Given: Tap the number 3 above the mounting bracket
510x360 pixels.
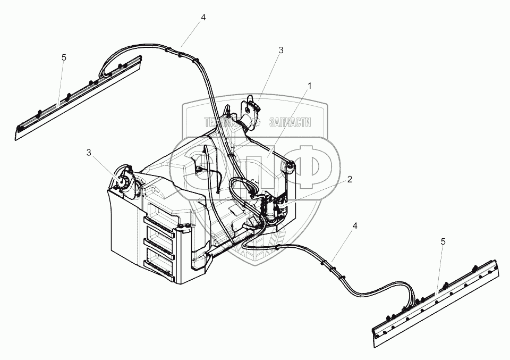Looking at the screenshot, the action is tap(281, 50).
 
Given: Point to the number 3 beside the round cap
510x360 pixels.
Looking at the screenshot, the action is tap(89, 153).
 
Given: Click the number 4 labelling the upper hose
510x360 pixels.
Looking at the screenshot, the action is tap(203, 18).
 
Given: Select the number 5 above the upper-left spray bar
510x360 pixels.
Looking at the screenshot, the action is tap(64, 57).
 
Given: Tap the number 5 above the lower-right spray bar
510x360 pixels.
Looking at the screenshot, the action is tap(443, 241).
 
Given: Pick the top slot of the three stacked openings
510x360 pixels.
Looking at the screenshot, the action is tap(161, 215).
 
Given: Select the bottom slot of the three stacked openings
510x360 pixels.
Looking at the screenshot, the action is tap(161, 260).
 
